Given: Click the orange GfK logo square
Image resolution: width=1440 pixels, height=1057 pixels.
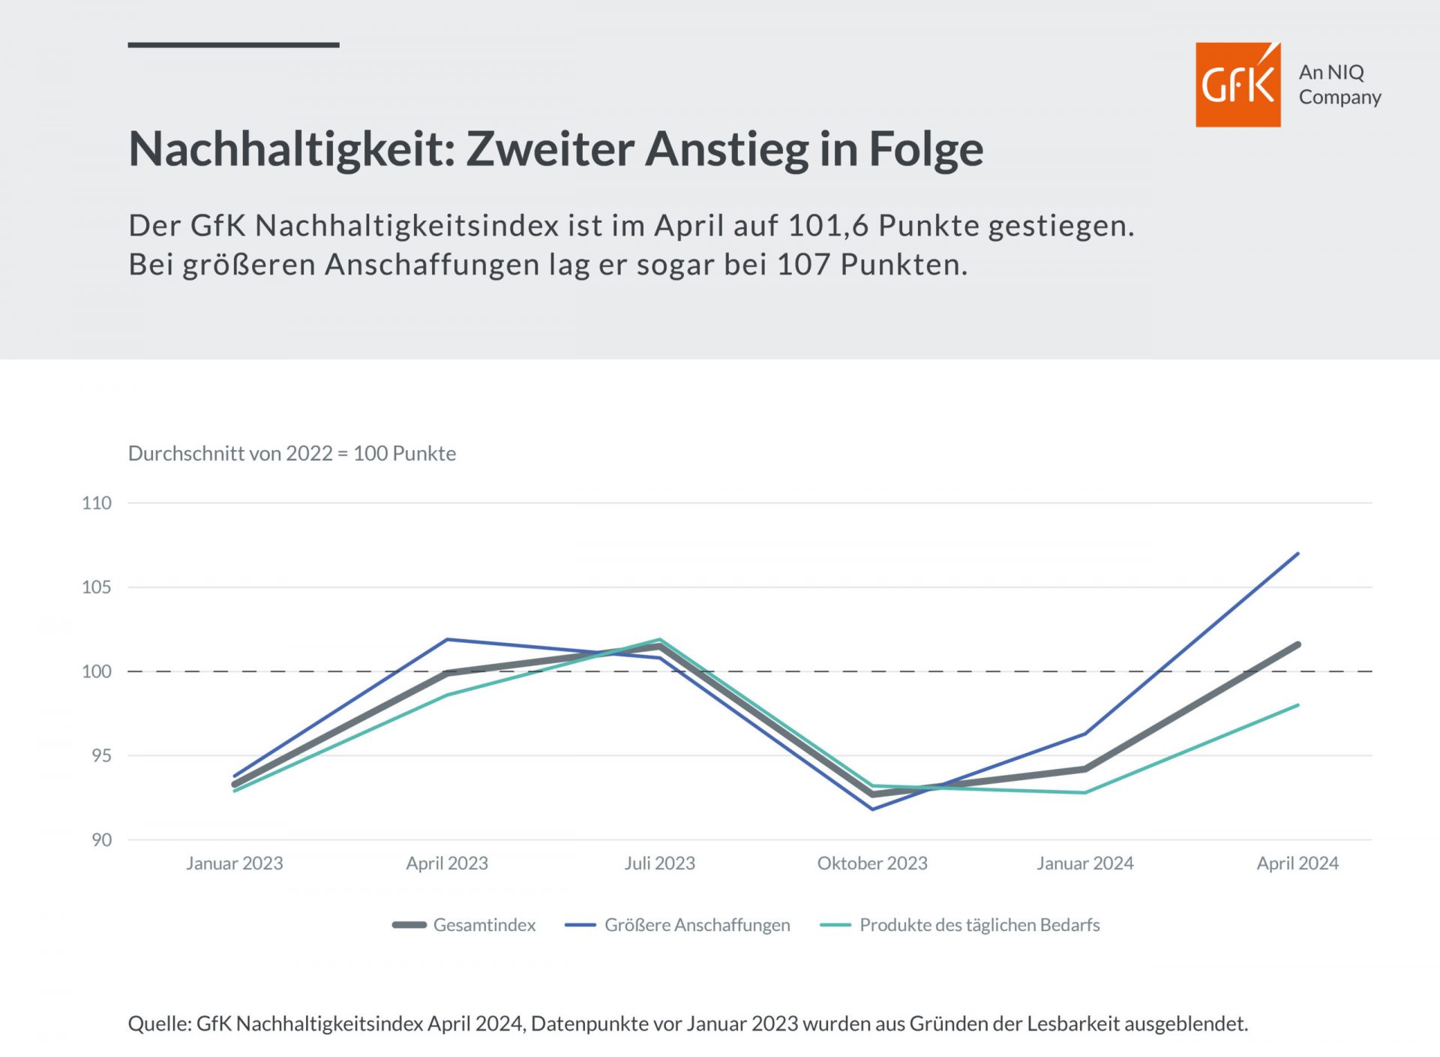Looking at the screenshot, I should [x=1237, y=85].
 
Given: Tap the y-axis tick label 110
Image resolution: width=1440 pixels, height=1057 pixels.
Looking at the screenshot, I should [x=97, y=503].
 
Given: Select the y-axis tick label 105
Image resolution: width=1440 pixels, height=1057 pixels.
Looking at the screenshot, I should [x=97, y=587].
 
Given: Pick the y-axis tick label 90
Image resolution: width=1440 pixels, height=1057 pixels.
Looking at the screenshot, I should [x=101, y=840].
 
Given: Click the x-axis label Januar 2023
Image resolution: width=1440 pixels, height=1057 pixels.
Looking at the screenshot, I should [x=235, y=863].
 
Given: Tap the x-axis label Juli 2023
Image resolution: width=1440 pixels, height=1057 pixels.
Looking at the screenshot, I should [x=660, y=863].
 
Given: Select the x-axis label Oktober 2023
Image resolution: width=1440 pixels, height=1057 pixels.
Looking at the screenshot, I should [x=872, y=863].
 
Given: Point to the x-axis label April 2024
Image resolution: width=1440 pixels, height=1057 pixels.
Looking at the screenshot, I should [x=1297, y=863].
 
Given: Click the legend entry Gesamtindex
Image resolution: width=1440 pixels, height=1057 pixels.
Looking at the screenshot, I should [x=484, y=925].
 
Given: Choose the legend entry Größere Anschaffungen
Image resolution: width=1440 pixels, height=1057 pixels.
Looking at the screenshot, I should [x=697, y=925].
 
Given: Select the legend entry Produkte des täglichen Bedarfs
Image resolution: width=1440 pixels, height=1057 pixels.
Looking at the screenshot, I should [x=979, y=925].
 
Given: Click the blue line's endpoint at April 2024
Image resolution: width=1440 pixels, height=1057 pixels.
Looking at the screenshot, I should [x=1297, y=554].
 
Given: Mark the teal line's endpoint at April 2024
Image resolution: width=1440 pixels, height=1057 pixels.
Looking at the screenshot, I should [x=1297, y=705].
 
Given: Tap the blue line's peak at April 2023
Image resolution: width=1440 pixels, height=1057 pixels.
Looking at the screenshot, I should [x=447, y=639].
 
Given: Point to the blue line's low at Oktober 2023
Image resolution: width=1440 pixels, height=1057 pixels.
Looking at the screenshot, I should [x=872, y=809].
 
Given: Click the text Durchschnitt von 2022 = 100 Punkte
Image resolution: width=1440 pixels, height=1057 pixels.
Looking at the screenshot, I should [x=292, y=454].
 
